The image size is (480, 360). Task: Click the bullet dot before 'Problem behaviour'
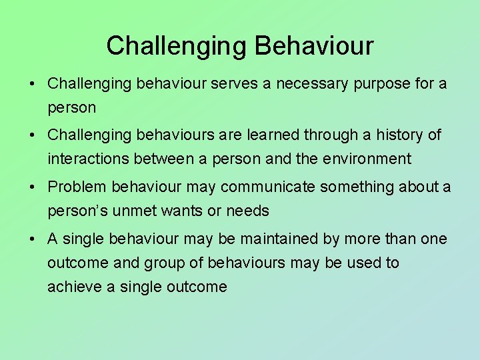click(32, 187)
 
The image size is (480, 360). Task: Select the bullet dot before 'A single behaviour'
click(32, 239)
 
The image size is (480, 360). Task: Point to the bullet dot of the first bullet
click(32, 83)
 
